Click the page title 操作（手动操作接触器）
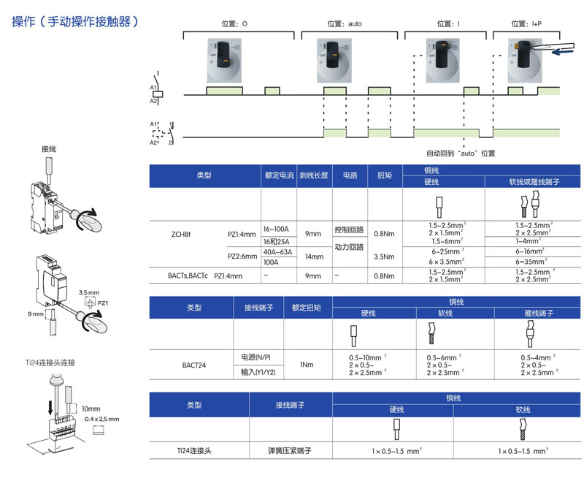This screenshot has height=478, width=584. pyautogui.click(x=75, y=21)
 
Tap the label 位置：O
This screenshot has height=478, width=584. pyautogui.click(x=236, y=23)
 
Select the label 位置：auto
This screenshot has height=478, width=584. pyautogui.click(x=345, y=23)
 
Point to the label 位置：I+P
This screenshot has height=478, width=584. pyautogui.click(x=526, y=23)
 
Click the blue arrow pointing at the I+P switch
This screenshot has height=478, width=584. pyautogui.click(x=568, y=51)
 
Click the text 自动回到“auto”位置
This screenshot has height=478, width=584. pyautogui.click(x=461, y=153)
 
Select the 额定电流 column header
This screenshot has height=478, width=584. pyautogui.click(x=278, y=176)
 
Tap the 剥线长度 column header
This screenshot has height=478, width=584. pyautogui.click(x=314, y=176)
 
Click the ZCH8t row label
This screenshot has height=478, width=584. pyautogui.click(x=180, y=235)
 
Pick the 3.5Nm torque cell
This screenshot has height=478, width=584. pyautogui.click(x=385, y=257)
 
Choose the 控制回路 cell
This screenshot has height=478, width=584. pyautogui.click(x=348, y=229)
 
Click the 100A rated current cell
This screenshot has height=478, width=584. pyautogui.click(x=271, y=262)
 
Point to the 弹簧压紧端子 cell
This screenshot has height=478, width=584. pyautogui.click(x=290, y=452)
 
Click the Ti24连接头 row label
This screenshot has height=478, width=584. pyautogui.click(x=193, y=452)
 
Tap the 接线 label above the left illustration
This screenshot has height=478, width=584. pyautogui.click(x=49, y=148)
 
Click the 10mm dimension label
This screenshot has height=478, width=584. pyautogui.click(x=91, y=409)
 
